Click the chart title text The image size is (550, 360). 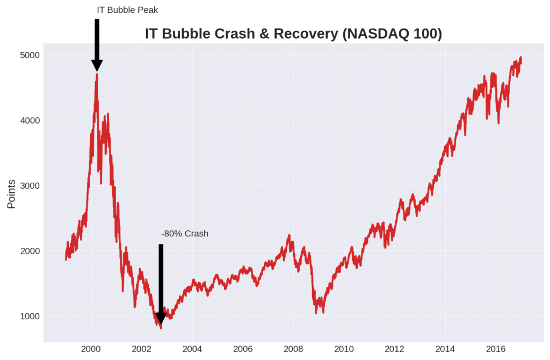293,34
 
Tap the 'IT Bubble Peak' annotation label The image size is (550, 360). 127,10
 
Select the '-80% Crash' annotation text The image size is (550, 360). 184,234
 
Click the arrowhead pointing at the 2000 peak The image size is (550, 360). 97,66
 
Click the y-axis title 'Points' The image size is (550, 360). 11,193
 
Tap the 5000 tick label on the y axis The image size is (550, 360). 31,55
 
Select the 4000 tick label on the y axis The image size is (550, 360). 31,120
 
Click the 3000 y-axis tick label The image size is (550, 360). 31,185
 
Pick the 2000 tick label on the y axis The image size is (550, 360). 31,251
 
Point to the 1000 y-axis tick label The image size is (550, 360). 31,316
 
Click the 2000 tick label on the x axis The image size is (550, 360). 91,349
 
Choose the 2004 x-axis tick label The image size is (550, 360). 192,349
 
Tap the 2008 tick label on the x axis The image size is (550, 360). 294,349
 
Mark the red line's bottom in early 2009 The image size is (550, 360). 323,312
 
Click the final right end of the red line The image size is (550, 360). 521,58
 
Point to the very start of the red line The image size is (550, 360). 66,259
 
